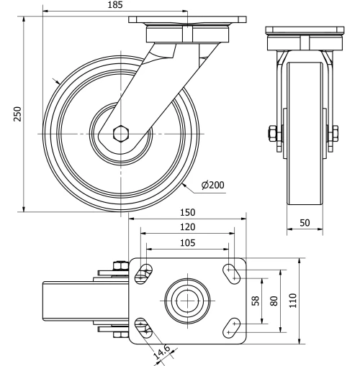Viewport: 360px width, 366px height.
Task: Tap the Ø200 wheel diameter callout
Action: (213, 186)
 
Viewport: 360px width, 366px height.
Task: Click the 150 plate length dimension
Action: (188, 213)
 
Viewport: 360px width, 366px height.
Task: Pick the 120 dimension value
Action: (188, 227)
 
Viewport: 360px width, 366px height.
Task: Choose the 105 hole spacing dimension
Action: (188, 242)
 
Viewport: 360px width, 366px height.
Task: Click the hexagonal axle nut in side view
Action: (122, 134)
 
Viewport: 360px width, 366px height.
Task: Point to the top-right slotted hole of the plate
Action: (232, 272)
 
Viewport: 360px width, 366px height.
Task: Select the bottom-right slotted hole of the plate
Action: (232, 326)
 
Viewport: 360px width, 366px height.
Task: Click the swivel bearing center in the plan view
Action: (188, 299)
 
